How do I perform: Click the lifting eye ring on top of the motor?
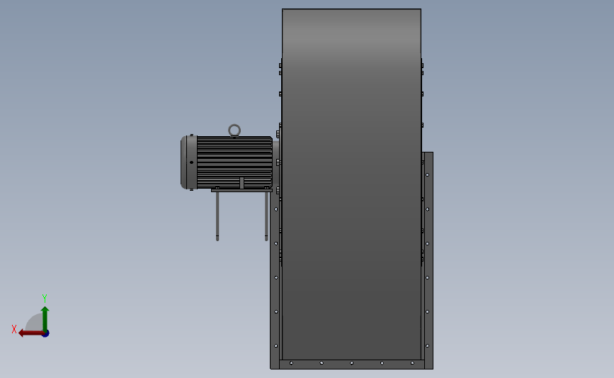coord(234,130)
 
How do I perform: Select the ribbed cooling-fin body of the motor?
coord(234,162)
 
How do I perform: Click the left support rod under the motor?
coord(217,216)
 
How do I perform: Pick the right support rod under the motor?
coord(266,216)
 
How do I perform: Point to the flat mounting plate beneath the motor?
coord(241,190)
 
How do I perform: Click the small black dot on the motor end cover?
coord(191,162)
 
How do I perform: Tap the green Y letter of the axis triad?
coord(44,299)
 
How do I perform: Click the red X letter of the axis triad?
coord(14,329)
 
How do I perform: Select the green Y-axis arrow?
coord(45,316)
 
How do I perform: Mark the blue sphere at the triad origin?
coord(45,333)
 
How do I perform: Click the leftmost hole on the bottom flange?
coord(291,363)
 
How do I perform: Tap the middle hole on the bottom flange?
coord(351,363)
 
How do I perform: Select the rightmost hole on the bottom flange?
coord(412,363)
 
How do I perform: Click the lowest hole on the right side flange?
coord(428,345)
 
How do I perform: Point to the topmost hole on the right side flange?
coord(428,174)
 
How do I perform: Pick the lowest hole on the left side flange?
coord(275,345)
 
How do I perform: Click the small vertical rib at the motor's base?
coord(241,183)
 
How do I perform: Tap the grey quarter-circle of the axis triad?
coord(33,323)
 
